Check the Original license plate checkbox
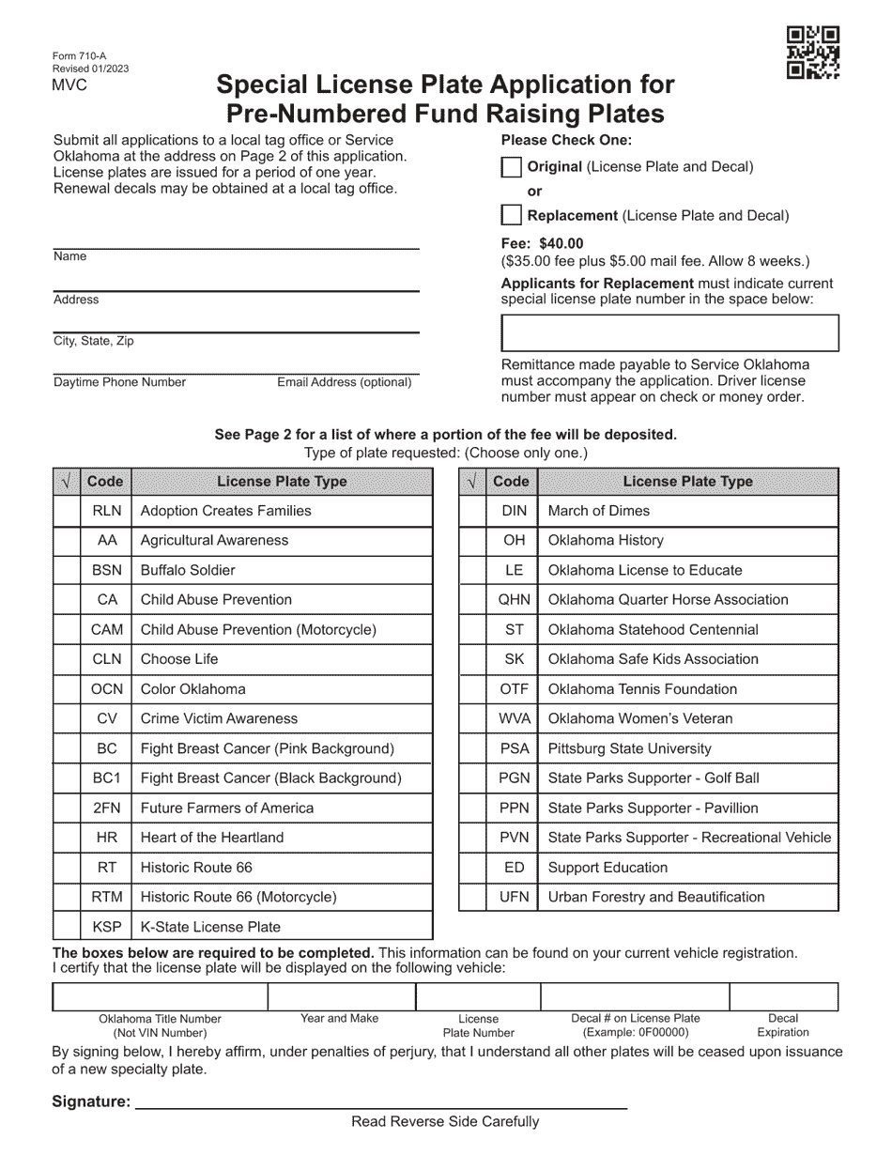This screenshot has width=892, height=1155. (x=511, y=167)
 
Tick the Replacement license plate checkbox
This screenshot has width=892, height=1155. (x=511, y=216)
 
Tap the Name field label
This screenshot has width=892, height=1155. (x=70, y=257)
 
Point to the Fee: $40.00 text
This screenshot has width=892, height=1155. (x=542, y=243)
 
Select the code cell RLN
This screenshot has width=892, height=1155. (x=106, y=511)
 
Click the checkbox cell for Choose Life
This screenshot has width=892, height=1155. (x=66, y=659)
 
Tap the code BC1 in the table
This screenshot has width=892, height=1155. (x=106, y=778)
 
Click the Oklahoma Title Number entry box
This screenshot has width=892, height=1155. (x=160, y=996)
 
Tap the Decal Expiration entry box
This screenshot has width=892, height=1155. (x=783, y=996)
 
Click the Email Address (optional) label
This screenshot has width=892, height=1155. (x=344, y=383)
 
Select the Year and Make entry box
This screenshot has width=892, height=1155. (x=342, y=996)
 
